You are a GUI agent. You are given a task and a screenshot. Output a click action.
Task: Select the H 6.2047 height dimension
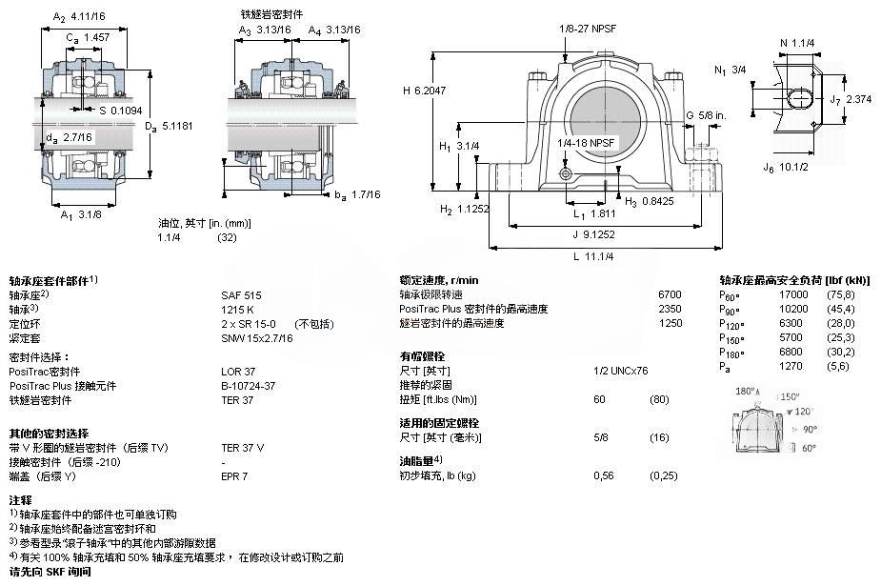[426, 91]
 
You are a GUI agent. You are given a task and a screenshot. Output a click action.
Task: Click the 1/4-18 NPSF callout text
[588, 142]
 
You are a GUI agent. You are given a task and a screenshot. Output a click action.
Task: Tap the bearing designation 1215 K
[237, 309]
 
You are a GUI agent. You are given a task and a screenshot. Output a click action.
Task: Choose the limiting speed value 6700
[671, 295]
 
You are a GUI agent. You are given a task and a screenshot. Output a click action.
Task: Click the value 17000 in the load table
[793, 295]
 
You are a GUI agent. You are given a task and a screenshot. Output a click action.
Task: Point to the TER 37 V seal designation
[243, 447]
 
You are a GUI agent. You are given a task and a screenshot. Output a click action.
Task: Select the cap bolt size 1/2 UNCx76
[621, 371]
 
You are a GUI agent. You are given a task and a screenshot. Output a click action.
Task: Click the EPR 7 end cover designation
[234, 475]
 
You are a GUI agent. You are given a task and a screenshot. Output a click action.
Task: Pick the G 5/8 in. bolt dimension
[707, 116]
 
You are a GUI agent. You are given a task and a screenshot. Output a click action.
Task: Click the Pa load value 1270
[791, 366]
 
